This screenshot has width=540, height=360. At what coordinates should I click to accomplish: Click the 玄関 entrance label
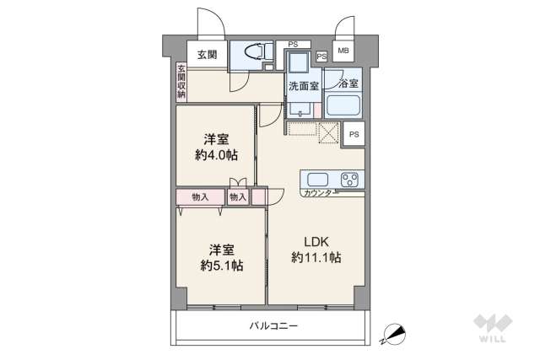207,54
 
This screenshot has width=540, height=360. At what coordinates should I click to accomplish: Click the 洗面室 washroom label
302,85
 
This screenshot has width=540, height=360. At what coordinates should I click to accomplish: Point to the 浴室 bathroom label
348,83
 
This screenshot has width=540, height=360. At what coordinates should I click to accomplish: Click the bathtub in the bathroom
343,106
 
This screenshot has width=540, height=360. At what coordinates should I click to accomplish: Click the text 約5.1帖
222,265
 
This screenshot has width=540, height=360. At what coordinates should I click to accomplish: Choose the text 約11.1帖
316,256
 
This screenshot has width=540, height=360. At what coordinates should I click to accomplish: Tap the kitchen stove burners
349,179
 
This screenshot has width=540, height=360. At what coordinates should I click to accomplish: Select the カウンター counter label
317,194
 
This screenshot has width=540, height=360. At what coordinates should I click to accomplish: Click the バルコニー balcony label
273,325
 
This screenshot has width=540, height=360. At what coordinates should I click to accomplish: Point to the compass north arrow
392,335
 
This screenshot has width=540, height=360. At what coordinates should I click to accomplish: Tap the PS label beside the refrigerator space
354,134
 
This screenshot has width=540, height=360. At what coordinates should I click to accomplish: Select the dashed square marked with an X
327,134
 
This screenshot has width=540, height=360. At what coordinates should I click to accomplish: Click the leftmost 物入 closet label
200,196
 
